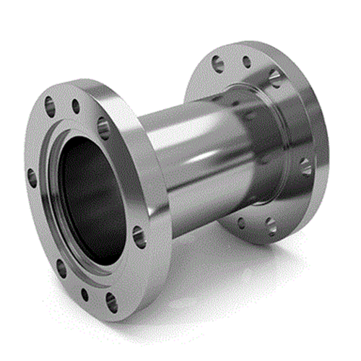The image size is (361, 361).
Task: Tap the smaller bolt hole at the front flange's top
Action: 76,108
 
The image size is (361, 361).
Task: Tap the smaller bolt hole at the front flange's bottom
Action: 84,294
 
